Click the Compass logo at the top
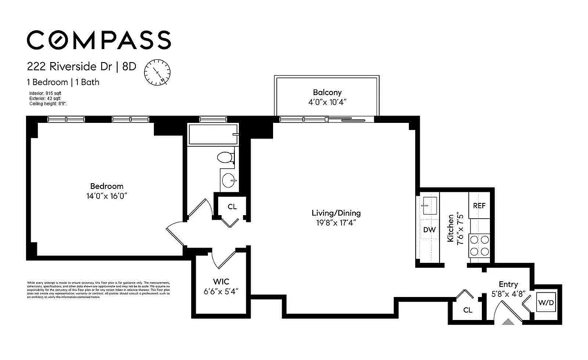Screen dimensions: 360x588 (99, 40)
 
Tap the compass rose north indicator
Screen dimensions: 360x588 (157, 72)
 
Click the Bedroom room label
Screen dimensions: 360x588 (107, 186)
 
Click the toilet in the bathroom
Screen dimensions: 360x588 (225, 157)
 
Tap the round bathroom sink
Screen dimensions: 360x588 (229, 181)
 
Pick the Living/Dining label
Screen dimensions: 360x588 (336, 213)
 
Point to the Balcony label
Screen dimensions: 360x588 (327, 92)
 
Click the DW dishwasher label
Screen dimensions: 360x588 (429, 229)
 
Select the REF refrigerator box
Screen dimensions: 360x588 (479, 206)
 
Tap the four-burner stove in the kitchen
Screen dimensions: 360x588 (479, 246)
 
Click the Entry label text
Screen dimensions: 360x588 (508, 284)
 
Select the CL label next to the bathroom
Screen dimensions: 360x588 (232, 207)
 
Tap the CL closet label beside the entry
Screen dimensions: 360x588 (467, 310)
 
